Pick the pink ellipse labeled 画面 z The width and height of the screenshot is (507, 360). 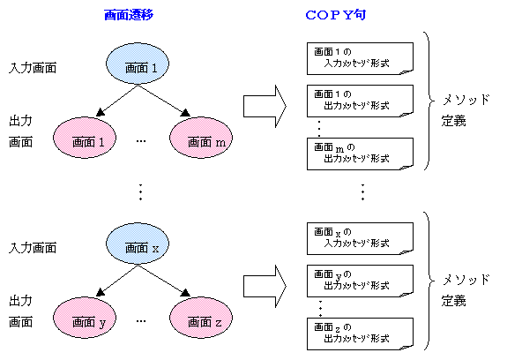[x=202, y=320]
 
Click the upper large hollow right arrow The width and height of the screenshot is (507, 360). [x=265, y=104]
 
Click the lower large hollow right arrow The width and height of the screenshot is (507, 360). [x=265, y=283]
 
